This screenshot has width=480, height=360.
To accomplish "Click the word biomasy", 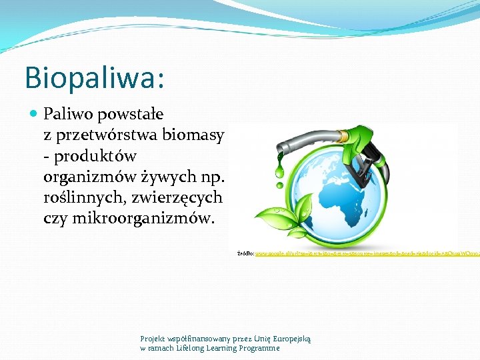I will click(197, 135).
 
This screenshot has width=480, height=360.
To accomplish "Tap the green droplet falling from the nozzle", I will click(279, 173).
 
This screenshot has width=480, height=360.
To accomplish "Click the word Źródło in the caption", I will click(245, 254).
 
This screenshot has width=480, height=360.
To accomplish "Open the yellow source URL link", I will click(367, 254).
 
